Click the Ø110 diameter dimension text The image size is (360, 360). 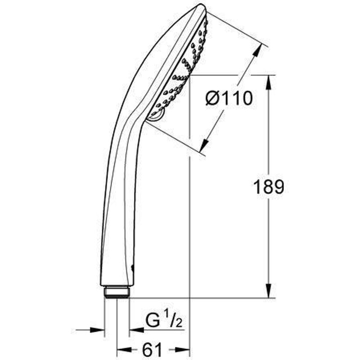(x=229, y=98)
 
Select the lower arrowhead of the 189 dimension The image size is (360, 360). (x=269, y=291)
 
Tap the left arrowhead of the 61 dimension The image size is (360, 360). (x=122, y=349)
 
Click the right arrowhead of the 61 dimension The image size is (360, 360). (x=184, y=349)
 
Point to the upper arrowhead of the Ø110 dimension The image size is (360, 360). (x=258, y=51)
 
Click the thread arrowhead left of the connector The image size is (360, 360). (x=99, y=330)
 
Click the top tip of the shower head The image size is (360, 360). (x=200, y=7)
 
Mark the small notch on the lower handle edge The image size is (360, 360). (x=132, y=268)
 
